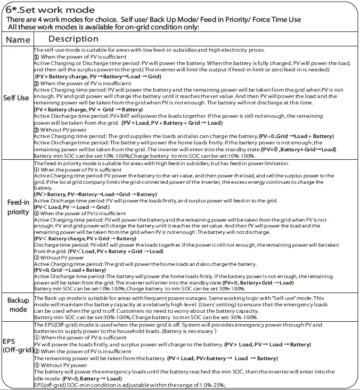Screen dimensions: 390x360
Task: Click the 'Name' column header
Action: [18, 40]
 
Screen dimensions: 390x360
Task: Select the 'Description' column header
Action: [73, 39]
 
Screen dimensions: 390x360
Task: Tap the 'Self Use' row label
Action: [17, 98]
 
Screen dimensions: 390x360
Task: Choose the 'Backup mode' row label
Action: [18, 305]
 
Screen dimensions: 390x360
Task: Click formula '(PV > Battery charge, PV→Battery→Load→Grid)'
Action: [98, 77]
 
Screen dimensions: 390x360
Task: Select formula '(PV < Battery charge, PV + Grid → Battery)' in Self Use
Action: [88, 109]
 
